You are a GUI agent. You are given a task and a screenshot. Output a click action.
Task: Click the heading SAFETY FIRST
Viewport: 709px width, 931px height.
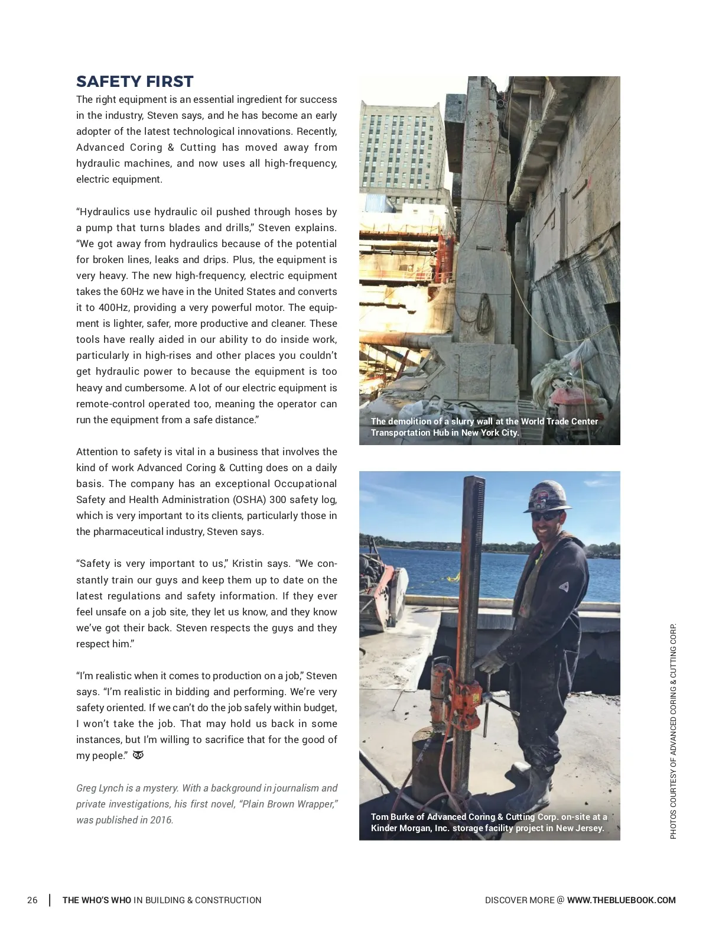click(x=135, y=82)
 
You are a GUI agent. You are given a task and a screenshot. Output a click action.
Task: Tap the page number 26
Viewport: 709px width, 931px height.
click(x=32, y=900)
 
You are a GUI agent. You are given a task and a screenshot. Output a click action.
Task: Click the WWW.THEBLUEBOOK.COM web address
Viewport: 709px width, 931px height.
click(x=621, y=900)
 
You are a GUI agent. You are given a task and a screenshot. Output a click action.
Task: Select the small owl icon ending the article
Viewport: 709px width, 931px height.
click(x=138, y=755)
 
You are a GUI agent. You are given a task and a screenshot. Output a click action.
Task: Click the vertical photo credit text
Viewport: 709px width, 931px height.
click(x=673, y=731)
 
